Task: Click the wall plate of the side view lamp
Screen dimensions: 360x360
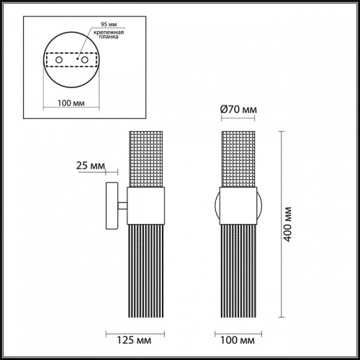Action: (x=111, y=207)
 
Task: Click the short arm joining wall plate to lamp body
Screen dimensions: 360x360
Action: (x=123, y=207)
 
